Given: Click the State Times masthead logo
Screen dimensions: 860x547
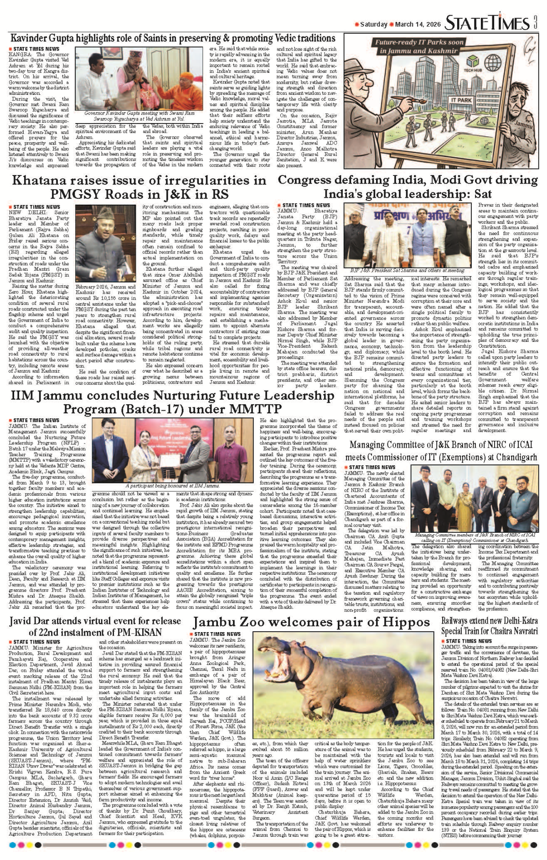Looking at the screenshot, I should [487, 22].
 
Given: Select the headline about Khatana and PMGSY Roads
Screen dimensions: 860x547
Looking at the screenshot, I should [139, 187].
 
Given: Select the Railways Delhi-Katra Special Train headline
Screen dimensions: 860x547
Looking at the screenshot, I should [489, 626].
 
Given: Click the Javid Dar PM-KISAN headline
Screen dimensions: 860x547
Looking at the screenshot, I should [95, 626].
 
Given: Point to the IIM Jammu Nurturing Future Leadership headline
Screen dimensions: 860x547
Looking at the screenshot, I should [172, 402].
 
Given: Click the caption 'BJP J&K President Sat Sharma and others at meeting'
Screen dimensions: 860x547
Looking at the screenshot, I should [404, 270].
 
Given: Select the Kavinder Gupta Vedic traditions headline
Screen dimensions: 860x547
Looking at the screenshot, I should [173, 38].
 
